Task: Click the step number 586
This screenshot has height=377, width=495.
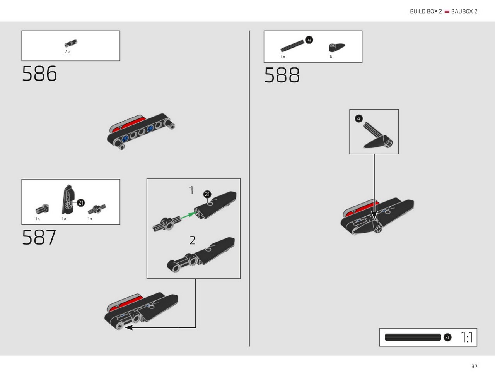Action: click(39, 73)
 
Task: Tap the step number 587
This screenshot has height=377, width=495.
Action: click(39, 237)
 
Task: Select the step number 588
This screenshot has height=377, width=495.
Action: click(282, 75)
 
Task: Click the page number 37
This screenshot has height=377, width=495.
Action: click(475, 366)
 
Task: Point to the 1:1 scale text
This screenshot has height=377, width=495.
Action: click(467, 337)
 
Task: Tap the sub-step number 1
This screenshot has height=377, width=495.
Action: click(191, 190)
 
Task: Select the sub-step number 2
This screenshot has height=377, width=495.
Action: click(192, 240)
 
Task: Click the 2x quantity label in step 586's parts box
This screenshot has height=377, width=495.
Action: click(67, 52)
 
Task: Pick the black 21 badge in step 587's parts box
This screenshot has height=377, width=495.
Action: click(81, 203)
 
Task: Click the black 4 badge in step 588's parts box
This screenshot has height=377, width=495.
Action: click(309, 40)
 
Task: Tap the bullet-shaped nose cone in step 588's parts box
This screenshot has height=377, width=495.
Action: click(337, 48)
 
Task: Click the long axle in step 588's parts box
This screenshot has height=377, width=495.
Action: click(292, 46)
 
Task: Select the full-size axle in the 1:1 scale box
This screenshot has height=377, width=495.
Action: click(413, 337)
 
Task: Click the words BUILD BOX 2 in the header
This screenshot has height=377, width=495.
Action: click(426, 12)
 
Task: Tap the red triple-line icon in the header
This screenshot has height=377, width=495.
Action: click(447, 12)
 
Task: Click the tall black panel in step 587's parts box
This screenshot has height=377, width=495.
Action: click(68, 200)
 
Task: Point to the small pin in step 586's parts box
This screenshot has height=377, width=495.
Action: click(71, 43)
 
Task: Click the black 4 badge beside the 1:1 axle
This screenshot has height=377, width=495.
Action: click(447, 337)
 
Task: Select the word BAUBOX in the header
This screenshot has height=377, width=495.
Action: click(462, 12)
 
